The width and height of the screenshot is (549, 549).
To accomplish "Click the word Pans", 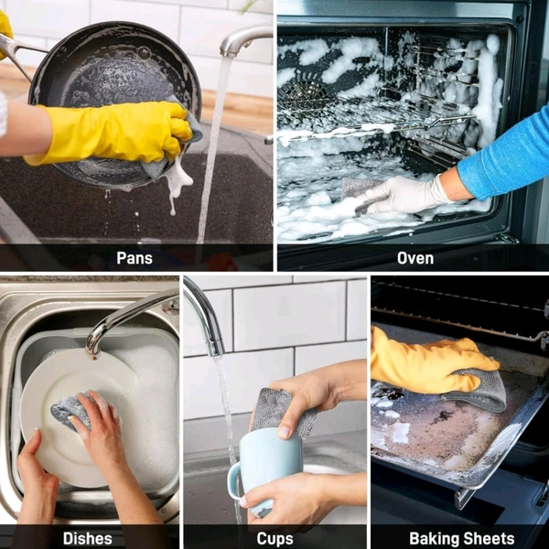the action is (135, 258).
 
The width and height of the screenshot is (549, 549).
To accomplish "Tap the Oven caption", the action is (415, 258).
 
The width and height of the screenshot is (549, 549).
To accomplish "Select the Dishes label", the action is (88, 538).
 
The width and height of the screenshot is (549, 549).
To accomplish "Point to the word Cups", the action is (274, 539).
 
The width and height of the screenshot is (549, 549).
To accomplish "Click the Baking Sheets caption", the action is (462, 538).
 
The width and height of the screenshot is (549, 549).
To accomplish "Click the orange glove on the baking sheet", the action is (431, 364).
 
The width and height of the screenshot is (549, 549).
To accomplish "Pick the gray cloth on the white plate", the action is (70, 410).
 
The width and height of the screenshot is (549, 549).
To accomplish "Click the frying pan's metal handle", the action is (17, 52).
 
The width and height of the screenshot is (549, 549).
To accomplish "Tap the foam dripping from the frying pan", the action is (177, 182).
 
